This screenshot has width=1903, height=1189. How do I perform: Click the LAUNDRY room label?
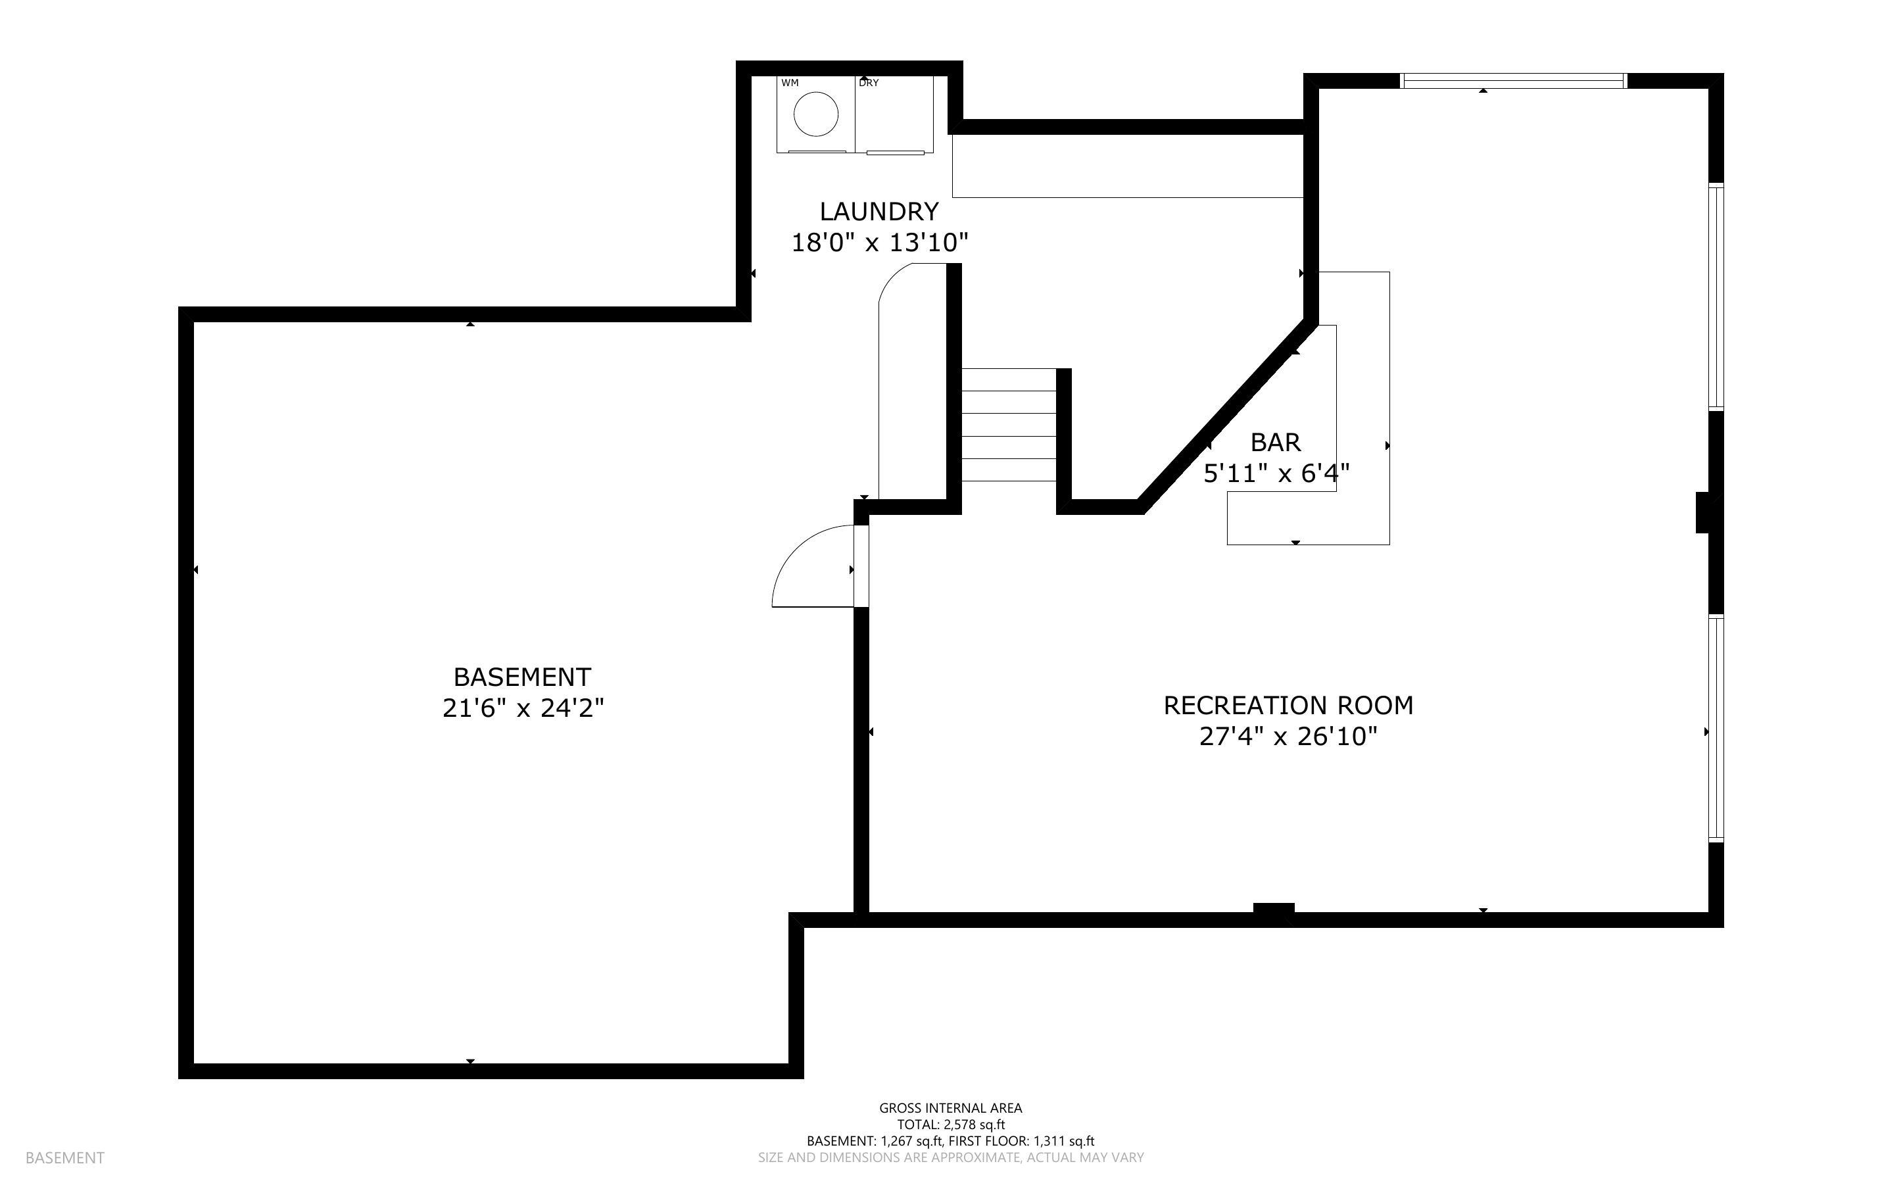tap(879, 212)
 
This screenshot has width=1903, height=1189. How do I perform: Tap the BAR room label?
tap(1275, 443)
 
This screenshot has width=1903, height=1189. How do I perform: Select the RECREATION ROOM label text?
tap(1288, 706)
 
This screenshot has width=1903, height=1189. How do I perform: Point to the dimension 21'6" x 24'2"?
tap(523, 708)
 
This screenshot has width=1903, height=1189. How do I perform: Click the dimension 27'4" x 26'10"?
tap(1288, 737)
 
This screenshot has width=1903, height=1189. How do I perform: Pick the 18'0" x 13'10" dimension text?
tap(879, 243)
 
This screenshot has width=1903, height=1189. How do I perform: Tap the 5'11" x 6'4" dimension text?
tap(1276, 473)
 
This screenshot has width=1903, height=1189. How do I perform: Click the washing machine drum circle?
tap(816, 114)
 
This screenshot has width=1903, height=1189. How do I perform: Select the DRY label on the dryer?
tap(869, 83)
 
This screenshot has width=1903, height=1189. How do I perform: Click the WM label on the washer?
tap(790, 83)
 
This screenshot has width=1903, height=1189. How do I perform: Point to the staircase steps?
tap(1009, 425)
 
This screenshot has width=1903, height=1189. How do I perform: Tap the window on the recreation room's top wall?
tap(1513, 80)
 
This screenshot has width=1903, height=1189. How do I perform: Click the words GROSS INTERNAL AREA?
tap(950, 1108)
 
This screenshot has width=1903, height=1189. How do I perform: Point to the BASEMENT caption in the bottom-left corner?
tap(64, 1157)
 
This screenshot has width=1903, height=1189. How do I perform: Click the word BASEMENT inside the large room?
tap(523, 677)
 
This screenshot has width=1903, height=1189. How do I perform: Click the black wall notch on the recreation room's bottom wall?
tap(1274, 908)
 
